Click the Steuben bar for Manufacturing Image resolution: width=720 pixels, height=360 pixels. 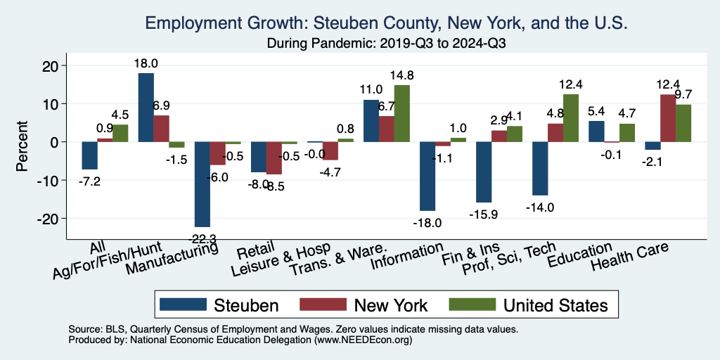(x=202, y=184)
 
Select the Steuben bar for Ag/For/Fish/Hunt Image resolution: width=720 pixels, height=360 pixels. (x=146, y=108)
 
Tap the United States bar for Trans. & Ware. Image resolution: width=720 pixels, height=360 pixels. (x=401, y=113)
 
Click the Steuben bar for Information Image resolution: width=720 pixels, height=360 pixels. (x=427, y=176)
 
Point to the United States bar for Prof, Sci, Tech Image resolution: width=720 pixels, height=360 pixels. (x=570, y=118)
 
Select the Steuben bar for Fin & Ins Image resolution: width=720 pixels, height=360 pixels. (x=484, y=172)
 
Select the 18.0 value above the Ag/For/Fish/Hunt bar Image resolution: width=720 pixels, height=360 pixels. (x=146, y=63)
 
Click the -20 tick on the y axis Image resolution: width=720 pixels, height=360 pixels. (x=56, y=219)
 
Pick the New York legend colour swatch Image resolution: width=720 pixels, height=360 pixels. (x=323, y=304)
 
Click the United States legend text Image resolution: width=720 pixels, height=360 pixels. (x=555, y=304)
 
